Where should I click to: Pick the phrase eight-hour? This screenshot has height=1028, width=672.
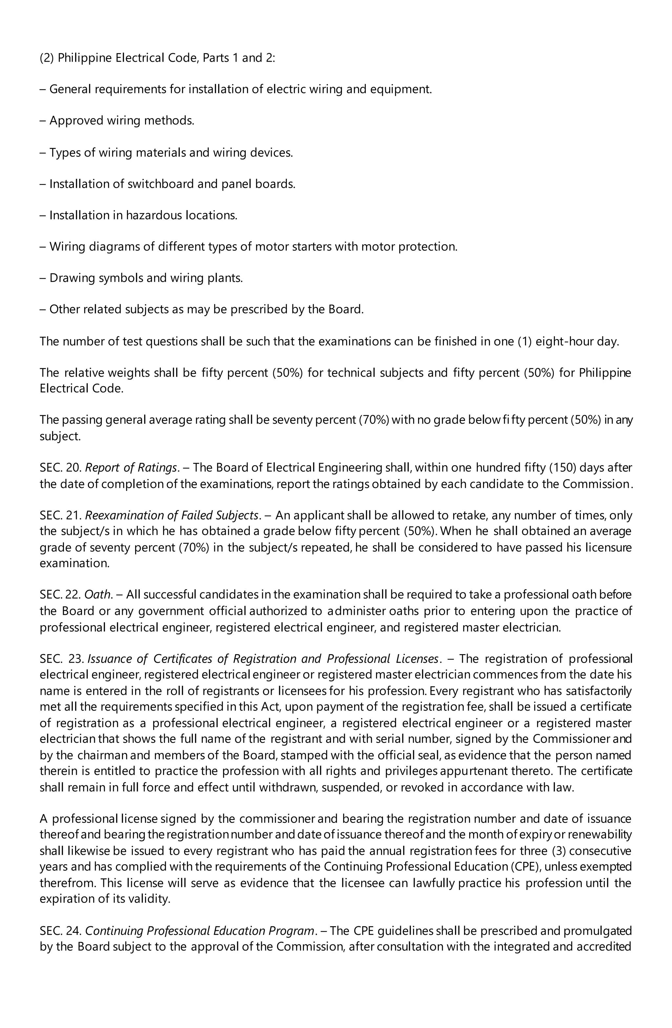coord(564,341)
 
